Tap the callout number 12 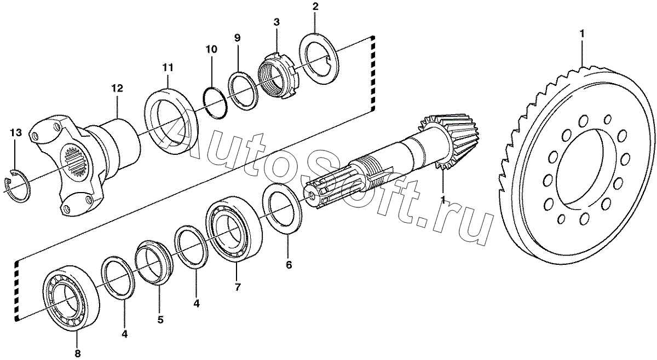(117, 88)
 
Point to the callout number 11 (168, 67)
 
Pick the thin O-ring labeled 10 (214, 102)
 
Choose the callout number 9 (237, 38)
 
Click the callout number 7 (237, 287)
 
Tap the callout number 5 (160, 320)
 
